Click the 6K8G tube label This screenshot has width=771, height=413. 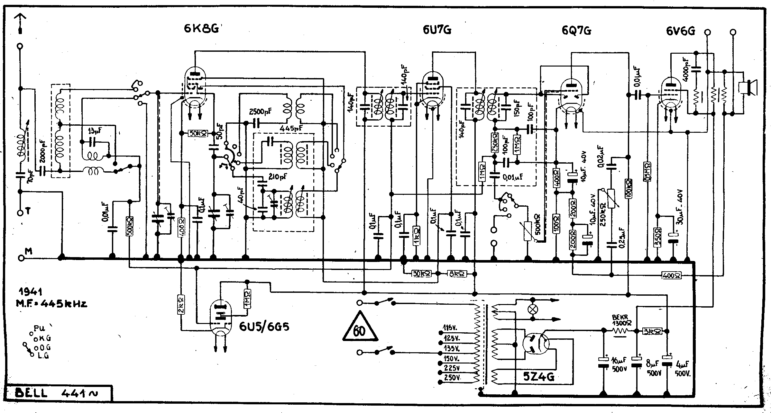[201, 29]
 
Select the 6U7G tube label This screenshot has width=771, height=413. [437, 30]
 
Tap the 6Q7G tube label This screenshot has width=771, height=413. [576, 31]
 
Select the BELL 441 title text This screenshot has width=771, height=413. [58, 393]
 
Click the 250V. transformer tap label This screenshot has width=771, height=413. [452, 378]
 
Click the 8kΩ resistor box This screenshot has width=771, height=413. [456, 274]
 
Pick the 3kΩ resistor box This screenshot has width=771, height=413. [652, 331]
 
